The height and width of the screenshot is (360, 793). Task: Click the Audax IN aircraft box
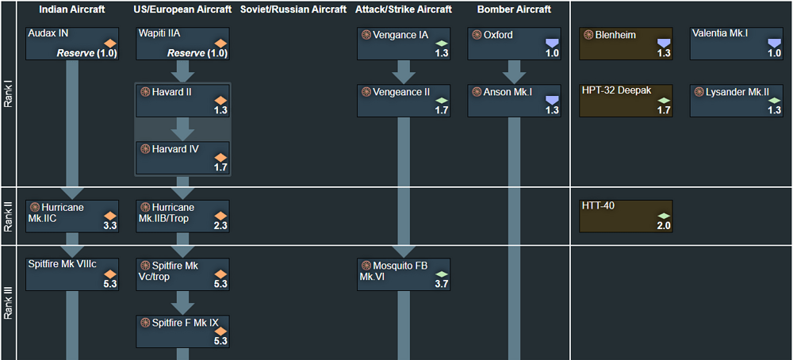72,44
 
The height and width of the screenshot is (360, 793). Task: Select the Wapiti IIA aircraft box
182,44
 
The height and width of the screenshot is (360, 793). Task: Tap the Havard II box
182,101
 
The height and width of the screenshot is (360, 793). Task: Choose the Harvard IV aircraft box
182,158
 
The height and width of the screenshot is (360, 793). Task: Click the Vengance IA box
404,44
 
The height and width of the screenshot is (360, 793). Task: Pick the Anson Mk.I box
515,101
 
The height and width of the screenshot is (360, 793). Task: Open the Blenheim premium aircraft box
626,44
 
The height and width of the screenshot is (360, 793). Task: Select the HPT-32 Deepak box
626,101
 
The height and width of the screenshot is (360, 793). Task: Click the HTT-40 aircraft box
626,216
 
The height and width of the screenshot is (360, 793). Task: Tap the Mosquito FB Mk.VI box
404,274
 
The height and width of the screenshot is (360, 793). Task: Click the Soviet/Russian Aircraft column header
293,10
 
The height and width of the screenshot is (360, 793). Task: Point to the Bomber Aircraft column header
515,10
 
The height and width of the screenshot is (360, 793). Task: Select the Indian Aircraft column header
72,10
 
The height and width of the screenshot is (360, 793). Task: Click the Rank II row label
8,216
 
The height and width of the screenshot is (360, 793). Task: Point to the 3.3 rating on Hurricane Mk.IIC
110,225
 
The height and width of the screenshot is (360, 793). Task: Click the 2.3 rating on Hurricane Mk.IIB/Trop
220,225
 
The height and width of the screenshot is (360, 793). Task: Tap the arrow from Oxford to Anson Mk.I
515,72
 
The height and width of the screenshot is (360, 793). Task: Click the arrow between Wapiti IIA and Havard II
182,71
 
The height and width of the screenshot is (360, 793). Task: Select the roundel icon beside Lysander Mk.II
699,92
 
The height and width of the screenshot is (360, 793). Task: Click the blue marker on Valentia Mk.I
774,43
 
